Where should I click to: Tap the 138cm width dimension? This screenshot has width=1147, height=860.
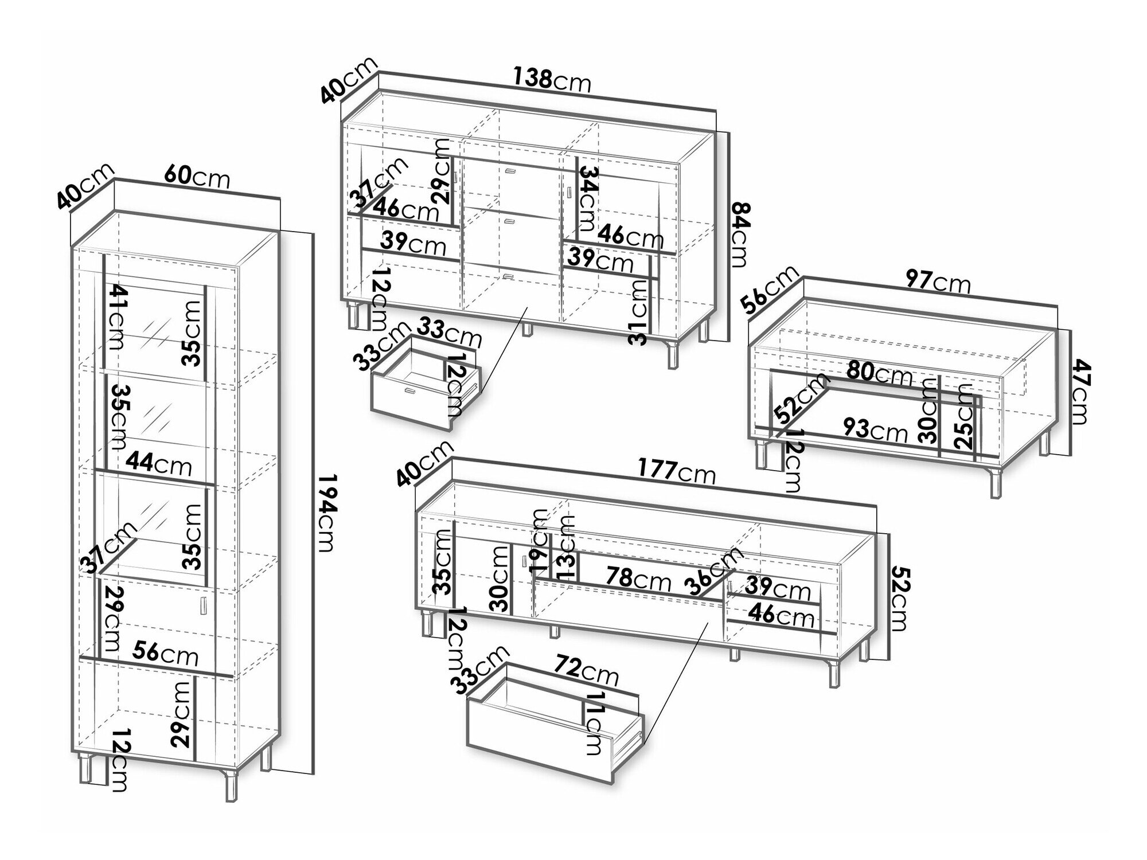click(x=551, y=80)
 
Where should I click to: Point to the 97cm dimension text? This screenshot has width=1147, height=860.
click(x=938, y=283)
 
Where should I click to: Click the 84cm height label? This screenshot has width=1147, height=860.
click(x=739, y=234)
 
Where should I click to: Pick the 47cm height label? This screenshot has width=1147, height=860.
click(x=1079, y=392)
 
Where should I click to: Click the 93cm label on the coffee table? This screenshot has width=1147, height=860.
click(x=875, y=429)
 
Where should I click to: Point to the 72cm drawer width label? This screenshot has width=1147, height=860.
click(x=586, y=673)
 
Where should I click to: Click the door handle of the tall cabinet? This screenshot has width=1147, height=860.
click(x=202, y=607)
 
